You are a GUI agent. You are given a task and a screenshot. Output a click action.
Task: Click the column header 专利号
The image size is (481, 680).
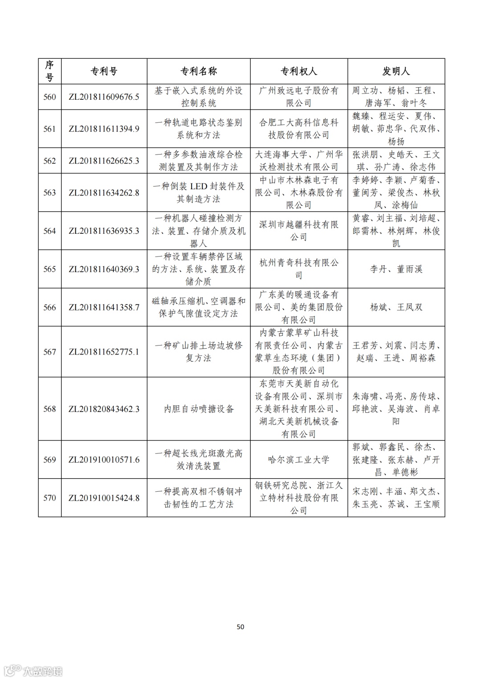click(104, 71)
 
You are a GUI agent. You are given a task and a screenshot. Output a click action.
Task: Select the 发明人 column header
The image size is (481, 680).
click(396, 71)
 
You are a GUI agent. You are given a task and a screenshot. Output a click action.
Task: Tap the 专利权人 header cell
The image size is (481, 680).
click(299, 71)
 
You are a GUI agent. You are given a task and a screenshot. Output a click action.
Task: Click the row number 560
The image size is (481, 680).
click(49, 97)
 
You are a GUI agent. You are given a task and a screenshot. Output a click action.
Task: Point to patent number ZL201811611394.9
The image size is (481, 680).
click(104, 129)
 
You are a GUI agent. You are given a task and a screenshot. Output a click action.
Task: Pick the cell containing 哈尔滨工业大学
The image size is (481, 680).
click(299, 460)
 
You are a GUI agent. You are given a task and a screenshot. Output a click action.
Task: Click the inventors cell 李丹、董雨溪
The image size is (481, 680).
click(396, 269)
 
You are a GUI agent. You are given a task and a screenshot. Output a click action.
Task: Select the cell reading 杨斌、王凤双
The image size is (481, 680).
click(396, 307)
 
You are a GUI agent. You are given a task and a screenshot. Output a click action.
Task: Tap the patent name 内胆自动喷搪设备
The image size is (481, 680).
click(199, 409)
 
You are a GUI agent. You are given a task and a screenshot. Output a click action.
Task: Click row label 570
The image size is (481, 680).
click(49, 498)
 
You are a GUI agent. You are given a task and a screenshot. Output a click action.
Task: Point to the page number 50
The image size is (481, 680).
click(240, 627)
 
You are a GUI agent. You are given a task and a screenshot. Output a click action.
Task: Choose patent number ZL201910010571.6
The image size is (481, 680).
click(104, 460)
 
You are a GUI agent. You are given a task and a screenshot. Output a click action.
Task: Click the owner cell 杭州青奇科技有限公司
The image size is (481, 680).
click(299, 269)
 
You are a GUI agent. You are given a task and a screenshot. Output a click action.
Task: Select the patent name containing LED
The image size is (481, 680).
click(199, 192)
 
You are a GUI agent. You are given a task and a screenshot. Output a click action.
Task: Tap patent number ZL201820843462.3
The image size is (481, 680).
click(104, 409)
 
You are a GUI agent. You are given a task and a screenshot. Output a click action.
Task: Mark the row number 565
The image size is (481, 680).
click(49, 269)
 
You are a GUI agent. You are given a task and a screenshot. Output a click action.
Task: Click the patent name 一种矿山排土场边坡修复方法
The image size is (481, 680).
click(199, 352)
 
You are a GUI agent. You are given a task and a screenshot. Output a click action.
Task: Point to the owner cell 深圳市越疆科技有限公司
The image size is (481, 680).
click(299, 231)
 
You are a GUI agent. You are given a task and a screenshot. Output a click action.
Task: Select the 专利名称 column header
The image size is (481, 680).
click(199, 71)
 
